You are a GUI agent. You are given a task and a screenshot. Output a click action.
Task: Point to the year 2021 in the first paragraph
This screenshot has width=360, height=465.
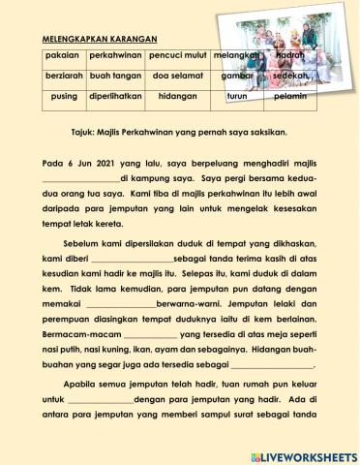(102, 163)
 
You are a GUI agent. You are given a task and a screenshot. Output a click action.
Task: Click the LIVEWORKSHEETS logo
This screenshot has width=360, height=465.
(304, 454)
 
